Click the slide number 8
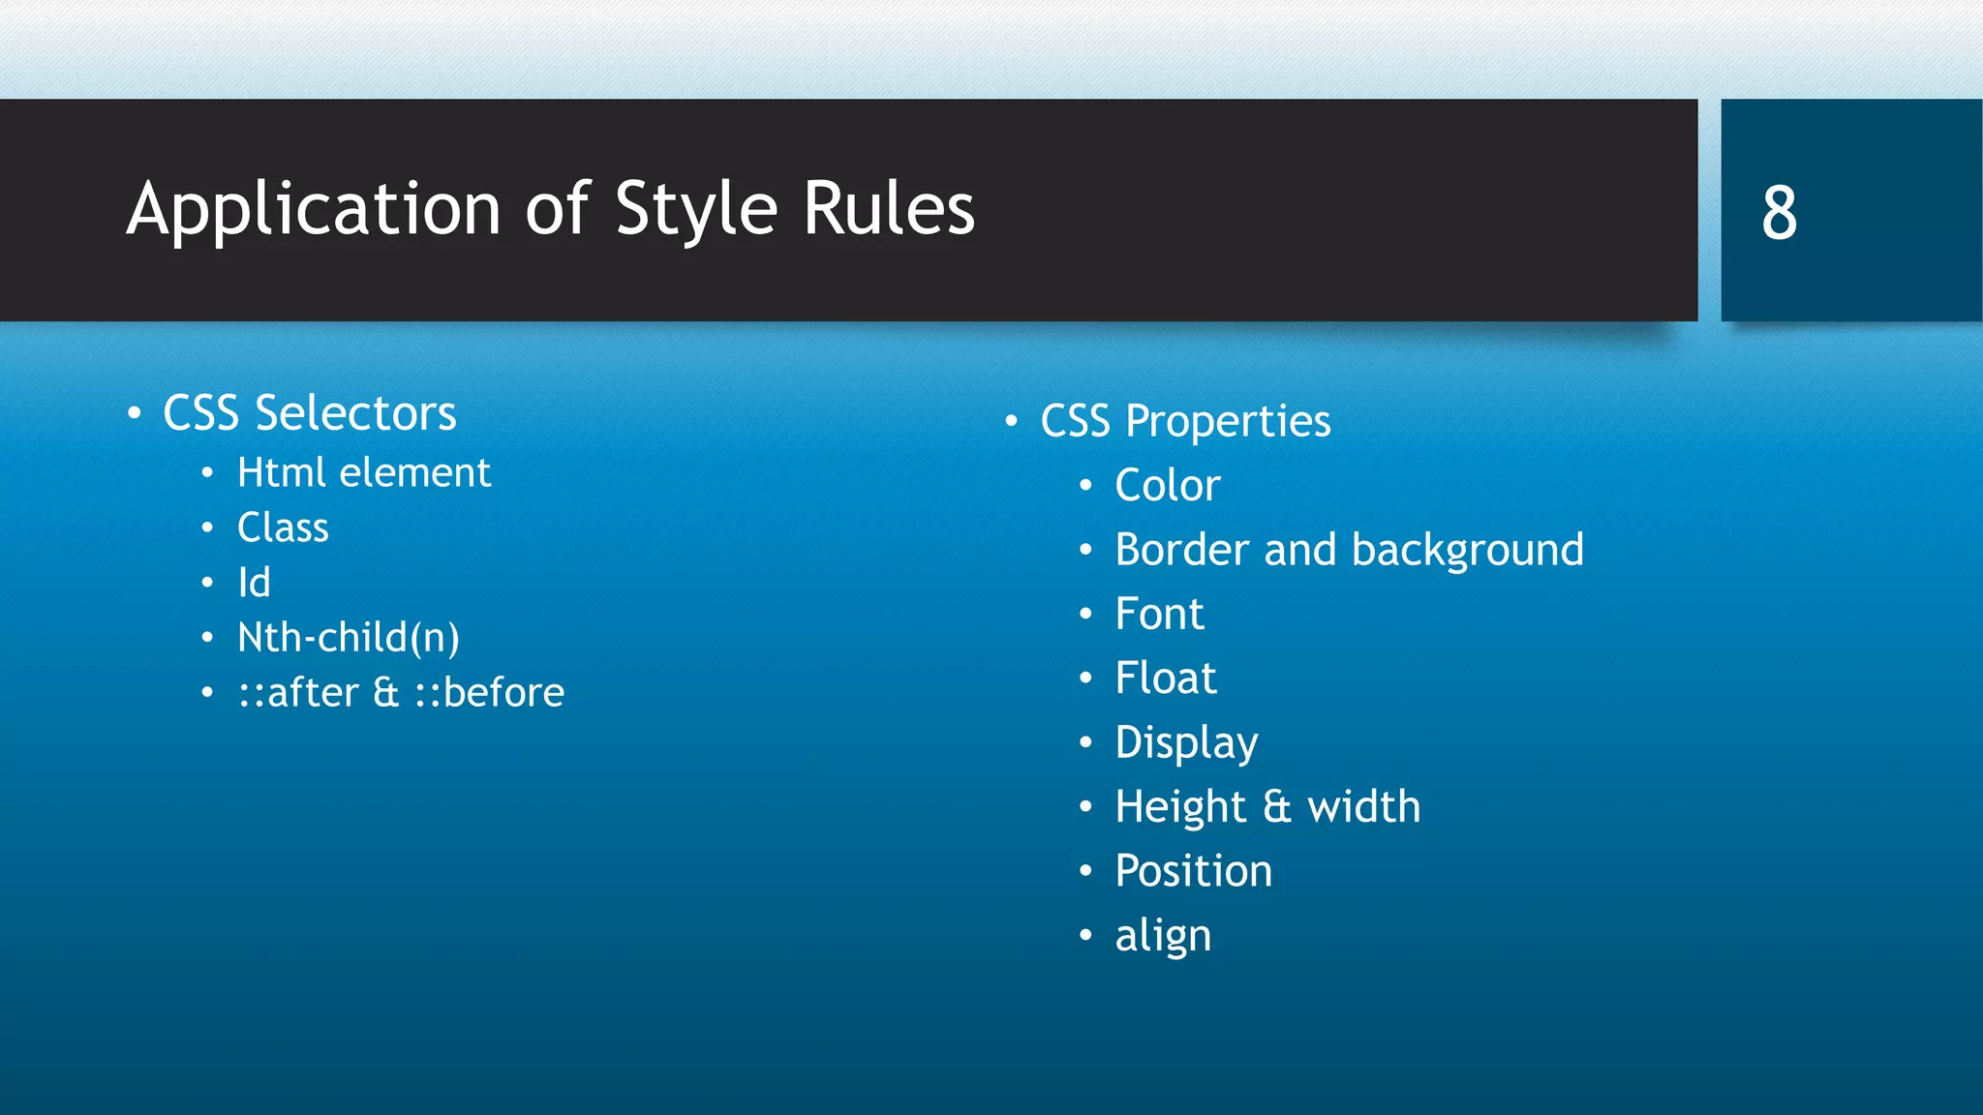click(x=1779, y=212)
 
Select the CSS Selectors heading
click(x=309, y=413)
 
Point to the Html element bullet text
click(x=364, y=473)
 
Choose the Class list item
click(x=283, y=528)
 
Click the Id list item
click(x=254, y=583)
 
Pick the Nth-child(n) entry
click(x=349, y=638)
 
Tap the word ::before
click(x=490, y=693)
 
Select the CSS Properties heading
click(x=1185, y=421)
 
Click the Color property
click(x=1167, y=485)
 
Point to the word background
click(x=1467, y=550)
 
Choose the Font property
click(x=1159, y=614)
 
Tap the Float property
click(x=1165, y=678)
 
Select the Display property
click(x=1186, y=743)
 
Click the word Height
click(x=1180, y=807)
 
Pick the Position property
click(x=1193, y=871)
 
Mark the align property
click(x=1163, y=936)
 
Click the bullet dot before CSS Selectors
click(x=135, y=414)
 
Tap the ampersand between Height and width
click(x=1276, y=807)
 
